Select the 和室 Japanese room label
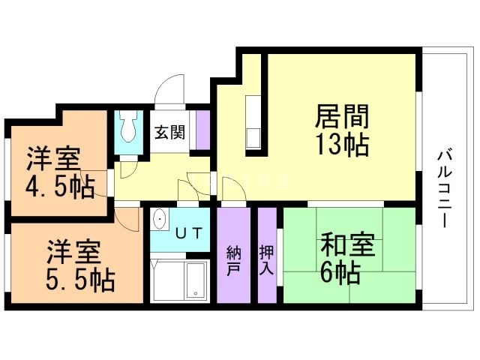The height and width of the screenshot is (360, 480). point(347,245)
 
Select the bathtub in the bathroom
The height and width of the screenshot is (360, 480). point(196,280)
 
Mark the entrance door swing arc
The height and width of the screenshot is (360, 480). point(169,90)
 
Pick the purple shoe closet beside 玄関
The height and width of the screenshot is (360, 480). point(202,130)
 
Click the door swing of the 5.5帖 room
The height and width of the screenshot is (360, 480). point(129,218)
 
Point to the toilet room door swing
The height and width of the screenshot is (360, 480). point(127,168)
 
